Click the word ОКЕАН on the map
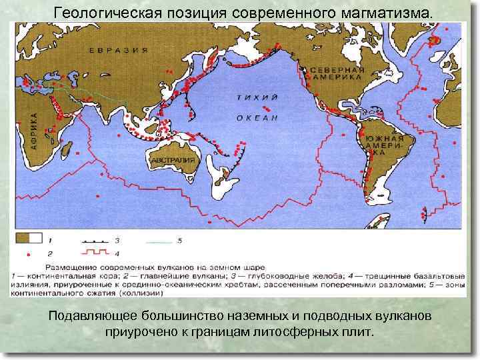[257, 117]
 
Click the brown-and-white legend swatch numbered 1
[31, 238]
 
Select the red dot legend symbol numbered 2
[29, 254]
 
